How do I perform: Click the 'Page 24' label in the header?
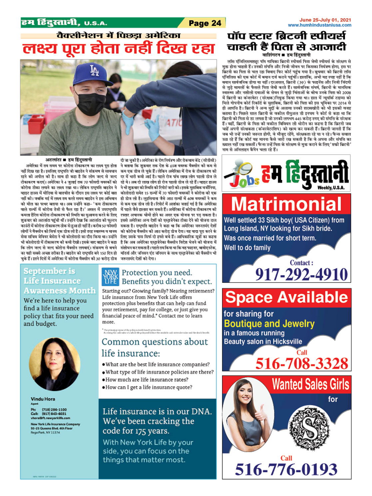coord(204,23)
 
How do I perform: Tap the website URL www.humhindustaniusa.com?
coord(319,25)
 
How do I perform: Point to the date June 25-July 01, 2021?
coord(325,20)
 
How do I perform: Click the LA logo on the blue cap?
coord(94,71)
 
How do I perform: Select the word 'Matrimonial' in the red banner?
coord(286,204)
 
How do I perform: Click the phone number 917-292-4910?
coord(301,274)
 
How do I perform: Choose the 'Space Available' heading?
coord(286,297)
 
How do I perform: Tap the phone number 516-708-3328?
coord(301,363)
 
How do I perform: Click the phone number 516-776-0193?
coord(286,469)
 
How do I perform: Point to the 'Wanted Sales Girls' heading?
coord(310,384)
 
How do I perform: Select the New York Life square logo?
coord(110,276)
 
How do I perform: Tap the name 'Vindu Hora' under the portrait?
coord(43,399)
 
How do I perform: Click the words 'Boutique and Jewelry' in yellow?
coord(269,323)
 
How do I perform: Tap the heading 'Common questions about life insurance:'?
coord(155,347)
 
